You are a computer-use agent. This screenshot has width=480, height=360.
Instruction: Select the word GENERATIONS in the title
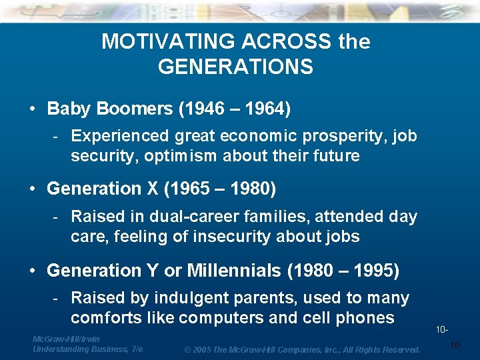(x=235, y=67)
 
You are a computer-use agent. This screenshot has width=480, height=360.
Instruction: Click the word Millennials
(x=234, y=271)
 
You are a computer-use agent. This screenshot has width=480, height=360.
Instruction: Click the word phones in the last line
(x=367, y=318)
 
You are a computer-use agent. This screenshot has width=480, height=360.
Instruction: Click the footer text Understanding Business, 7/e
(x=87, y=349)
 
